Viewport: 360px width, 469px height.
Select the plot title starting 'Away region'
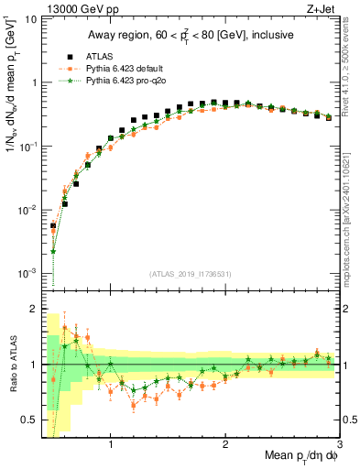(x=191, y=36)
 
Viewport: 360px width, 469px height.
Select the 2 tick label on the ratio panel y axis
(x=34, y=309)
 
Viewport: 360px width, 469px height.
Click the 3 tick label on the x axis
(x=338, y=445)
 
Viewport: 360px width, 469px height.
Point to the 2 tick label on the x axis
(x=225, y=445)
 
